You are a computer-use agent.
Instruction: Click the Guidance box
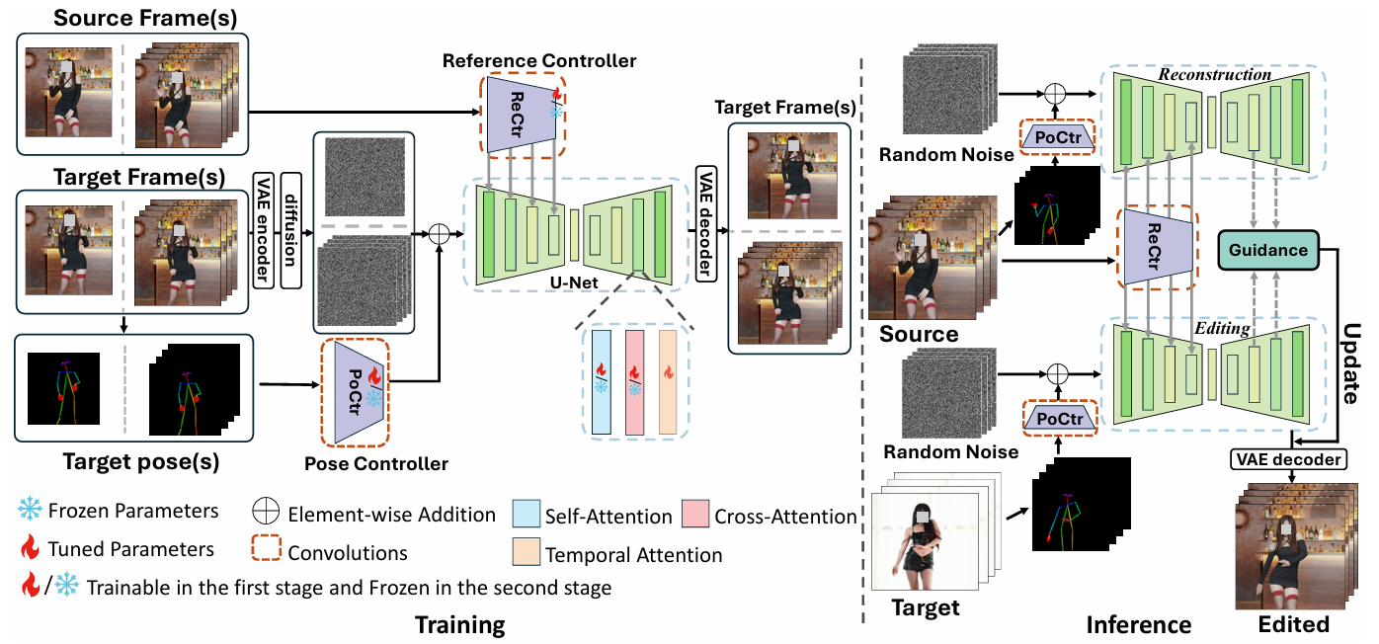pos(1268,250)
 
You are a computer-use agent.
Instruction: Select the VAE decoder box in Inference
pos(1288,458)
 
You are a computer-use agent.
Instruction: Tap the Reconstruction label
pos(1215,75)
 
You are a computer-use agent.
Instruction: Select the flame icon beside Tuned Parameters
pos(32,549)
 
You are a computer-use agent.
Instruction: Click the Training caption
pos(459,624)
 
